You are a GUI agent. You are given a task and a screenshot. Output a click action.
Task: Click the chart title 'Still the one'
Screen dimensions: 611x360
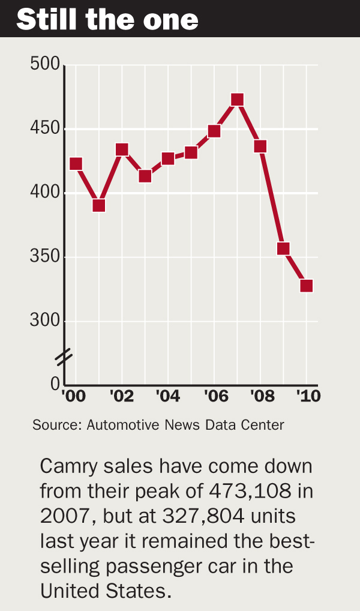click(107, 19)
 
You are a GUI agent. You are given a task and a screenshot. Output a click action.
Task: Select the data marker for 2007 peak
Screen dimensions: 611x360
click(237, 100)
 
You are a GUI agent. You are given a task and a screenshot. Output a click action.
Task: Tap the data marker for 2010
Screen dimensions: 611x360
click(306, 286)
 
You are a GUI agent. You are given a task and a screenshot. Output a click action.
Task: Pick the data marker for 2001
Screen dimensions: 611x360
click(99, 206)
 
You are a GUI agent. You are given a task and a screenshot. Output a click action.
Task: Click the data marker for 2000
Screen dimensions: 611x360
click(76, 164)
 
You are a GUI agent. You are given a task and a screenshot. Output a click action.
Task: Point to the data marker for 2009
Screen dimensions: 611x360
click(283, 248)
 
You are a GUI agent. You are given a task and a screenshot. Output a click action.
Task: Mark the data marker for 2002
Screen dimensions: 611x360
click(122, 149)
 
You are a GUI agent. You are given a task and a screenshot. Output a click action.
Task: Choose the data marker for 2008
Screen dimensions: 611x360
click(260, 146)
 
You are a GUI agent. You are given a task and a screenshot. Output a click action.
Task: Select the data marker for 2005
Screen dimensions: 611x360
click(191, 152)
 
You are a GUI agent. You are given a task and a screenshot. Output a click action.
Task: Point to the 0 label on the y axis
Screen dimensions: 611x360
click(55, 384)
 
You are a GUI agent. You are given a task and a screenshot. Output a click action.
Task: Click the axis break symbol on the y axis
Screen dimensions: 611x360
click(64, 357)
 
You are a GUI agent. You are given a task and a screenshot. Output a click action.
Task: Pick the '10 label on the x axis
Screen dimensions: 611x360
click(308, 396)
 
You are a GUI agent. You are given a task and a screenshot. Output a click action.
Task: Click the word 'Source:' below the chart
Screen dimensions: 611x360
click(57, 425)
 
